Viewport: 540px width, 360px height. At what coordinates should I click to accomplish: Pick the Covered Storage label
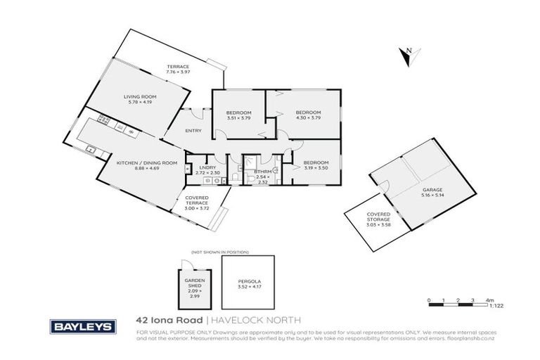coord(378,217)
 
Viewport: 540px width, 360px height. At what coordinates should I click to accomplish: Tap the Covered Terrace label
coord(197,203)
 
